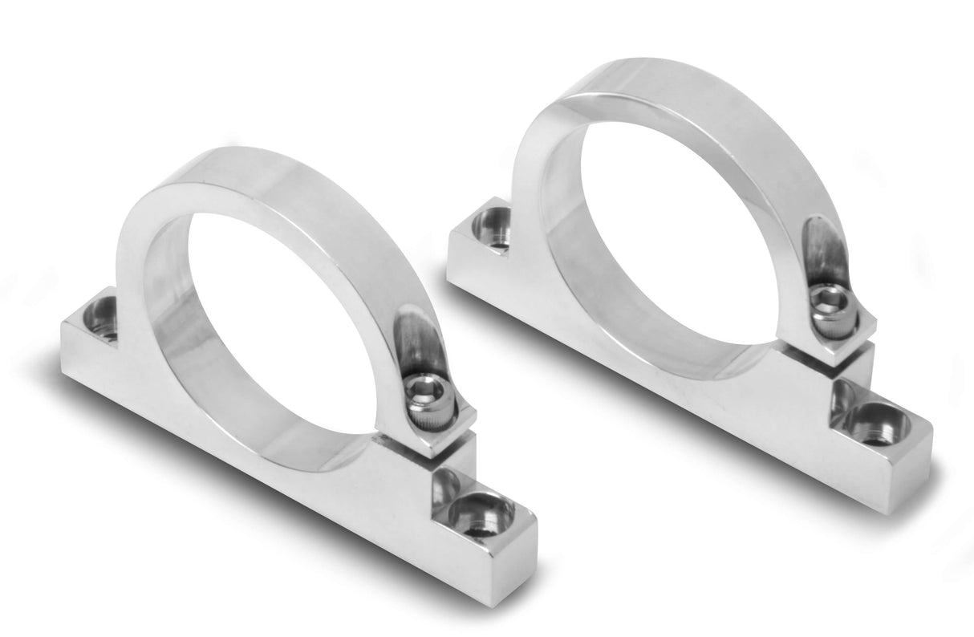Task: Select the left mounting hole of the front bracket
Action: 102,316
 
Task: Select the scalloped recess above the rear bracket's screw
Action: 822,249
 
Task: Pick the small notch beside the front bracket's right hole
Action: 445,485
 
